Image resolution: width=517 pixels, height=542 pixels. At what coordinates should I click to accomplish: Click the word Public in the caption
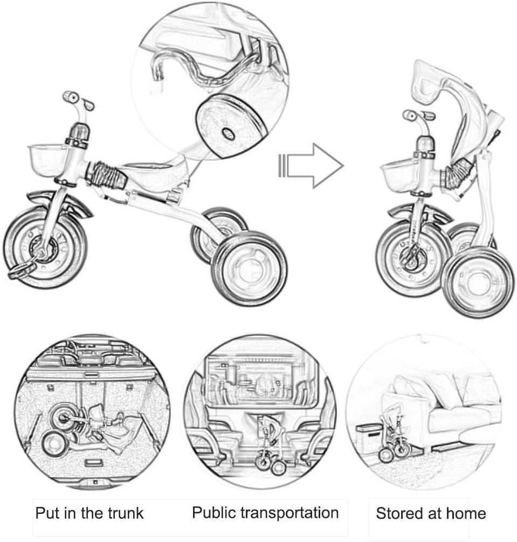[x=213, y=512]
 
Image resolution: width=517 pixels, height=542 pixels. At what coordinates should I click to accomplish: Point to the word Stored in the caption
[x=399, y=513]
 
